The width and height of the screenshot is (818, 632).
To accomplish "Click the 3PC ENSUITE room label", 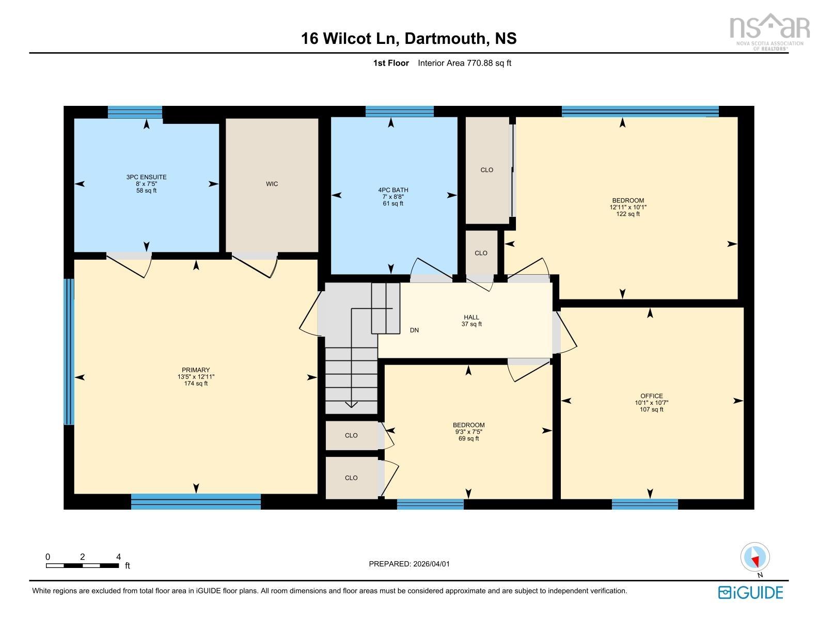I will click(146, 184).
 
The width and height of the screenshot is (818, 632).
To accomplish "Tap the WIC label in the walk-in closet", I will click(272, 184).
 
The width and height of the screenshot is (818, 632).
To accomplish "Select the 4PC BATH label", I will click(393, 197).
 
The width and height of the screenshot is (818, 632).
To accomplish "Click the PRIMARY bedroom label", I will click(196, 376).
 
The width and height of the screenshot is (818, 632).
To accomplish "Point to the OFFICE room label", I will click(651, 402).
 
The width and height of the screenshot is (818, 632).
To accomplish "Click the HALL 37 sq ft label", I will click(471, 321).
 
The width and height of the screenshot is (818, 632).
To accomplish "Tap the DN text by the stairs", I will click(414, 330).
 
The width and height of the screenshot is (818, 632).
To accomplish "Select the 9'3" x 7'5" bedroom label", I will click(468, 432).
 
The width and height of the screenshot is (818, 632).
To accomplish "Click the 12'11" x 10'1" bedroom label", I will click(627, 207).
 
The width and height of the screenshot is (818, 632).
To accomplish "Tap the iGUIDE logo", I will click(750, 592).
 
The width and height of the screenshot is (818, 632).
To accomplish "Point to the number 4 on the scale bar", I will click(118, 557).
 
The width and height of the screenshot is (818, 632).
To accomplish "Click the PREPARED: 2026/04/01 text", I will click(409, 564).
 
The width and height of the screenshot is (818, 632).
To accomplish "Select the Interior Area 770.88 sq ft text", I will click(464, 63).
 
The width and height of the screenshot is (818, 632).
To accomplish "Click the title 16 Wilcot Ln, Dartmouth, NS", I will click(408, 39).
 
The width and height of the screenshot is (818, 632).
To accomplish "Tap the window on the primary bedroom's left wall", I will click(69, 352).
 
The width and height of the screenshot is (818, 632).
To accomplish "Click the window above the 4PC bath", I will click(399, 111).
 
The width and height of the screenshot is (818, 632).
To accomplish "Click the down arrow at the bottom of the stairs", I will click(351, 404).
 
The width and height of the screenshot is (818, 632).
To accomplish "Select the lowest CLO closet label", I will click(351, 478).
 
